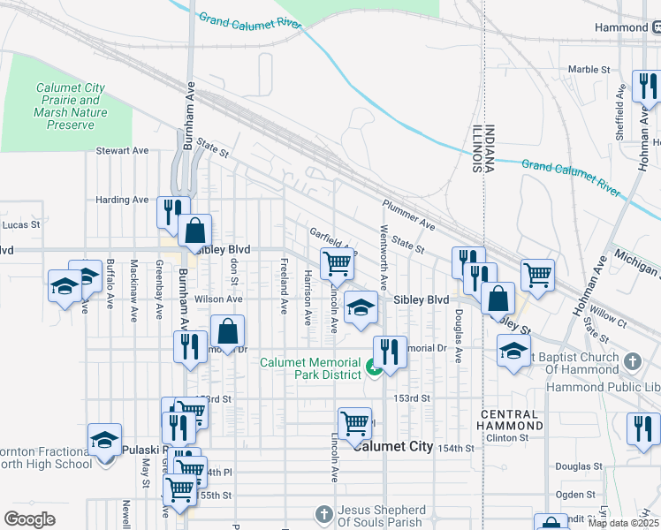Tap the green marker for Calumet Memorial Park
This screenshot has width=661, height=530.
(374, 367)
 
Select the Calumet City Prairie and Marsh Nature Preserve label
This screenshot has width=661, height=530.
(70, 106)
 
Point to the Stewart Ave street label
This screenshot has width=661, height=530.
(123, 151)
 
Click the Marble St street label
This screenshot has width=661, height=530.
(589, 69)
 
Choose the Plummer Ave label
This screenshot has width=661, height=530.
(409, 214)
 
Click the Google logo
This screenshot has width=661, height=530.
(29, 519)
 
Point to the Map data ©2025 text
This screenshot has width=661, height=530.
(624, 523)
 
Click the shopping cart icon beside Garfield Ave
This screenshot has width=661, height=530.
(337, 263)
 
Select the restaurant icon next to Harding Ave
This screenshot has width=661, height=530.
(171, 210)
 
